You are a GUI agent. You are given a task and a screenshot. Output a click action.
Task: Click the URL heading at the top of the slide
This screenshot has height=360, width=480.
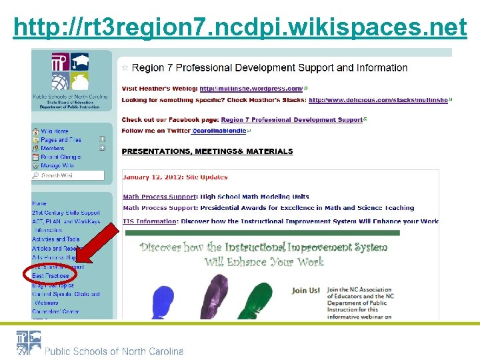pos(240,27)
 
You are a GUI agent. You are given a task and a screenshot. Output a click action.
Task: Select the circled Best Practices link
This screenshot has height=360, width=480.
pos(51,275)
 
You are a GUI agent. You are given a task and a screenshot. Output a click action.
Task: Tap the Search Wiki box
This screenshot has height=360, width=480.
pos(68,176)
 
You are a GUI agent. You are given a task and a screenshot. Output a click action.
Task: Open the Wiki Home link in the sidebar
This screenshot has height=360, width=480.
pos(54,131)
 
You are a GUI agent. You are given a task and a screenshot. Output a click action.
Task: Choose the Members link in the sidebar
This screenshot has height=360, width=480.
pos(53,149)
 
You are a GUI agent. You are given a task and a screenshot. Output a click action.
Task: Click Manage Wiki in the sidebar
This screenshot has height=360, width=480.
pos(57,165)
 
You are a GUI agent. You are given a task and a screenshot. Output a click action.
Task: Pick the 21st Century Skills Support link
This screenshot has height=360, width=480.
pos(66,212)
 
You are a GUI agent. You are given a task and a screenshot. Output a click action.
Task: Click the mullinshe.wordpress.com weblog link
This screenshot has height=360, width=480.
pos(251,88)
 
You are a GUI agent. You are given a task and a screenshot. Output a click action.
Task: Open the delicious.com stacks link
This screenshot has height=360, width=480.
pos(378,100)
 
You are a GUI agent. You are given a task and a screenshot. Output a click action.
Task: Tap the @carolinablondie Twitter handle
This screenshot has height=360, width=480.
pos(219,131)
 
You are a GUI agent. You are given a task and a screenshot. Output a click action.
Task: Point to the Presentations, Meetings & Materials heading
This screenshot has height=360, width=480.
pos(207,151)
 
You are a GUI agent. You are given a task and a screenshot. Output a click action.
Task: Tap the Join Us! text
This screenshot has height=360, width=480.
pos(306,291)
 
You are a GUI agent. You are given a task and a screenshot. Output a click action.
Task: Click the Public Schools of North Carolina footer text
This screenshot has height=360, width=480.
pos(114,351)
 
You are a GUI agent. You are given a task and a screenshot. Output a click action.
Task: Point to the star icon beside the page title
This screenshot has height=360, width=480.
pos(125,68)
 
